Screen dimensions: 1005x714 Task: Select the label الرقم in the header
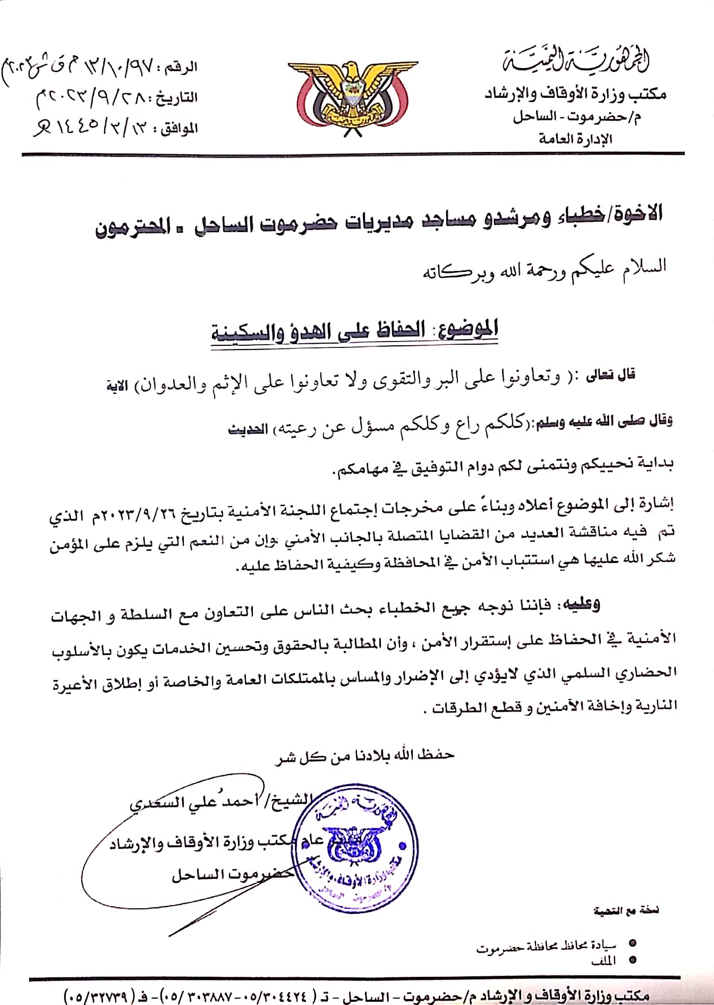[x=181, y=67]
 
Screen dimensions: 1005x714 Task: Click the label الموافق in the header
[x=178, y=128]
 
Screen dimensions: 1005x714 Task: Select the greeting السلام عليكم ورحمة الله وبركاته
[x=544, y=269]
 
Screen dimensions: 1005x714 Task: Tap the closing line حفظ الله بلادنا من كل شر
[x=364, y=755]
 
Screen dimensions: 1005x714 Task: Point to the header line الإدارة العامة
[x=575, y=139]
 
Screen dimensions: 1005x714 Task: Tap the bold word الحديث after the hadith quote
[x=247, y=429]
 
